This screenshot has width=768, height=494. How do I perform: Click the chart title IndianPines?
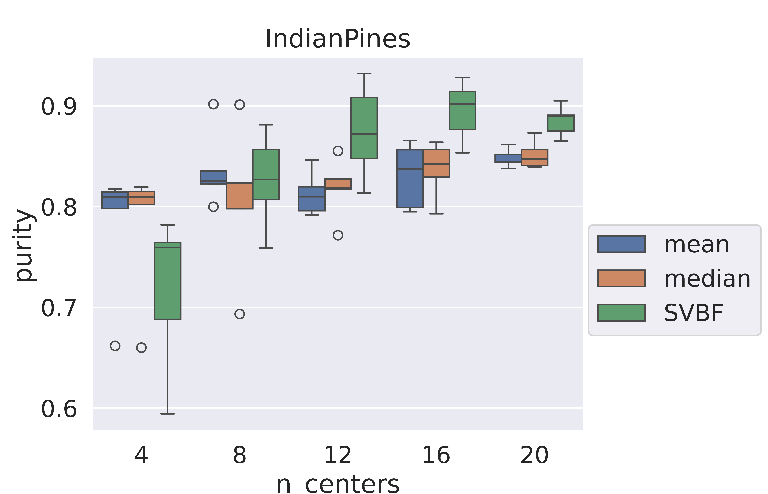(338, 39)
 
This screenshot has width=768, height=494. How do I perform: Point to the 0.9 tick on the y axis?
(59, 107)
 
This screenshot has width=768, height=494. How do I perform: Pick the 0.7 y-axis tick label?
(59, 308)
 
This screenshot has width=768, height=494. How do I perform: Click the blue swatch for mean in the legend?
(621, 244)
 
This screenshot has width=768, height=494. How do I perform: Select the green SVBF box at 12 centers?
(364, 128)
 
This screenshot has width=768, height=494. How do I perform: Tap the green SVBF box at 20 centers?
(561, 123)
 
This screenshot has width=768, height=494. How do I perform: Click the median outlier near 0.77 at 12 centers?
(338, 235)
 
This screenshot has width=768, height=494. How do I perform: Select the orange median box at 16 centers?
(436, 163)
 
